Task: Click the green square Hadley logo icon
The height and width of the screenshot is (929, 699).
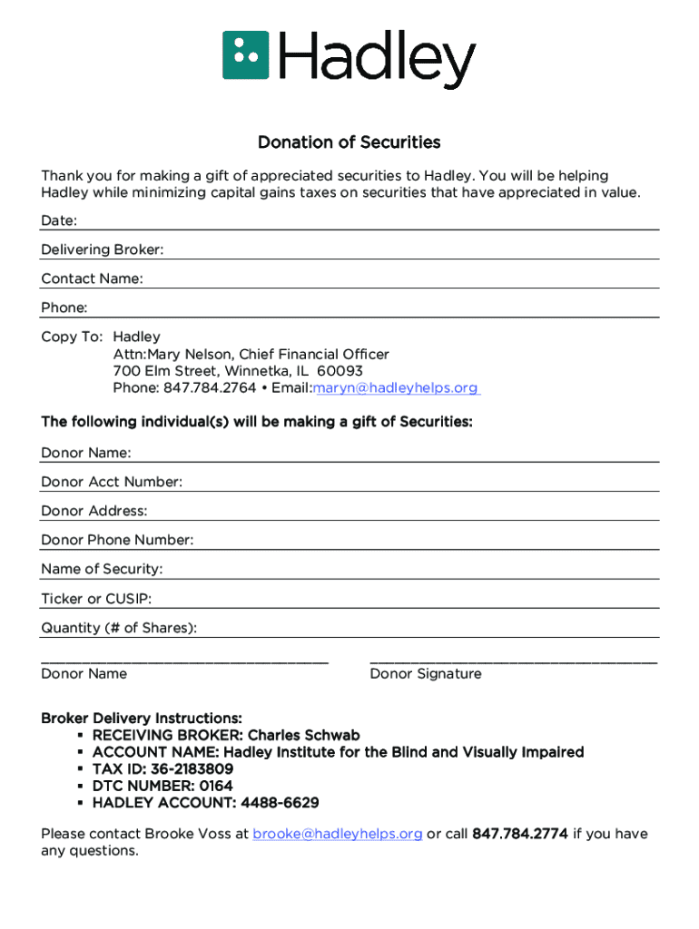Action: tap(246, 54)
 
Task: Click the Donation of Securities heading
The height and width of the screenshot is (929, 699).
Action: tap(349, 142)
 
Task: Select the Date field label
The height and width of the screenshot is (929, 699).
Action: tap(58, 221)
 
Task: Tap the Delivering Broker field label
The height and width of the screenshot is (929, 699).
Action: tap(102, 250)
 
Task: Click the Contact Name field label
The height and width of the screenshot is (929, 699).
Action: tap(92, 279)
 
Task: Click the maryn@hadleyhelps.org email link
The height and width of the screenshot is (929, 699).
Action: tap(395, 388)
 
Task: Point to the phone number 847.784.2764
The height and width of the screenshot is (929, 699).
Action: tap(209, 388)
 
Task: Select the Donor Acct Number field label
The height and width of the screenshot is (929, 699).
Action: tap(111, 483)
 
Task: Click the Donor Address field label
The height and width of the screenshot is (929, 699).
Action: tap(94, 512)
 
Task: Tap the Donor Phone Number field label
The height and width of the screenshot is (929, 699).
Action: tap(117, 541)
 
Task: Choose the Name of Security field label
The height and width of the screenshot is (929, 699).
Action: tap(102, 570)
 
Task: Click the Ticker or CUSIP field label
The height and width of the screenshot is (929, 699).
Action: tap(96, 599)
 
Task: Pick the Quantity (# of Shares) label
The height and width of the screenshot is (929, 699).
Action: tap(119, 628)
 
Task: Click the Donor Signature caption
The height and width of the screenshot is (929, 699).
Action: tap(425, 674)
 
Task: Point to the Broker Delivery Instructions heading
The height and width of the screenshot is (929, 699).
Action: tap(141, 719)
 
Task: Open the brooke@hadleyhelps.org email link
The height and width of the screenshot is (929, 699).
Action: tap(337, 834)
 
